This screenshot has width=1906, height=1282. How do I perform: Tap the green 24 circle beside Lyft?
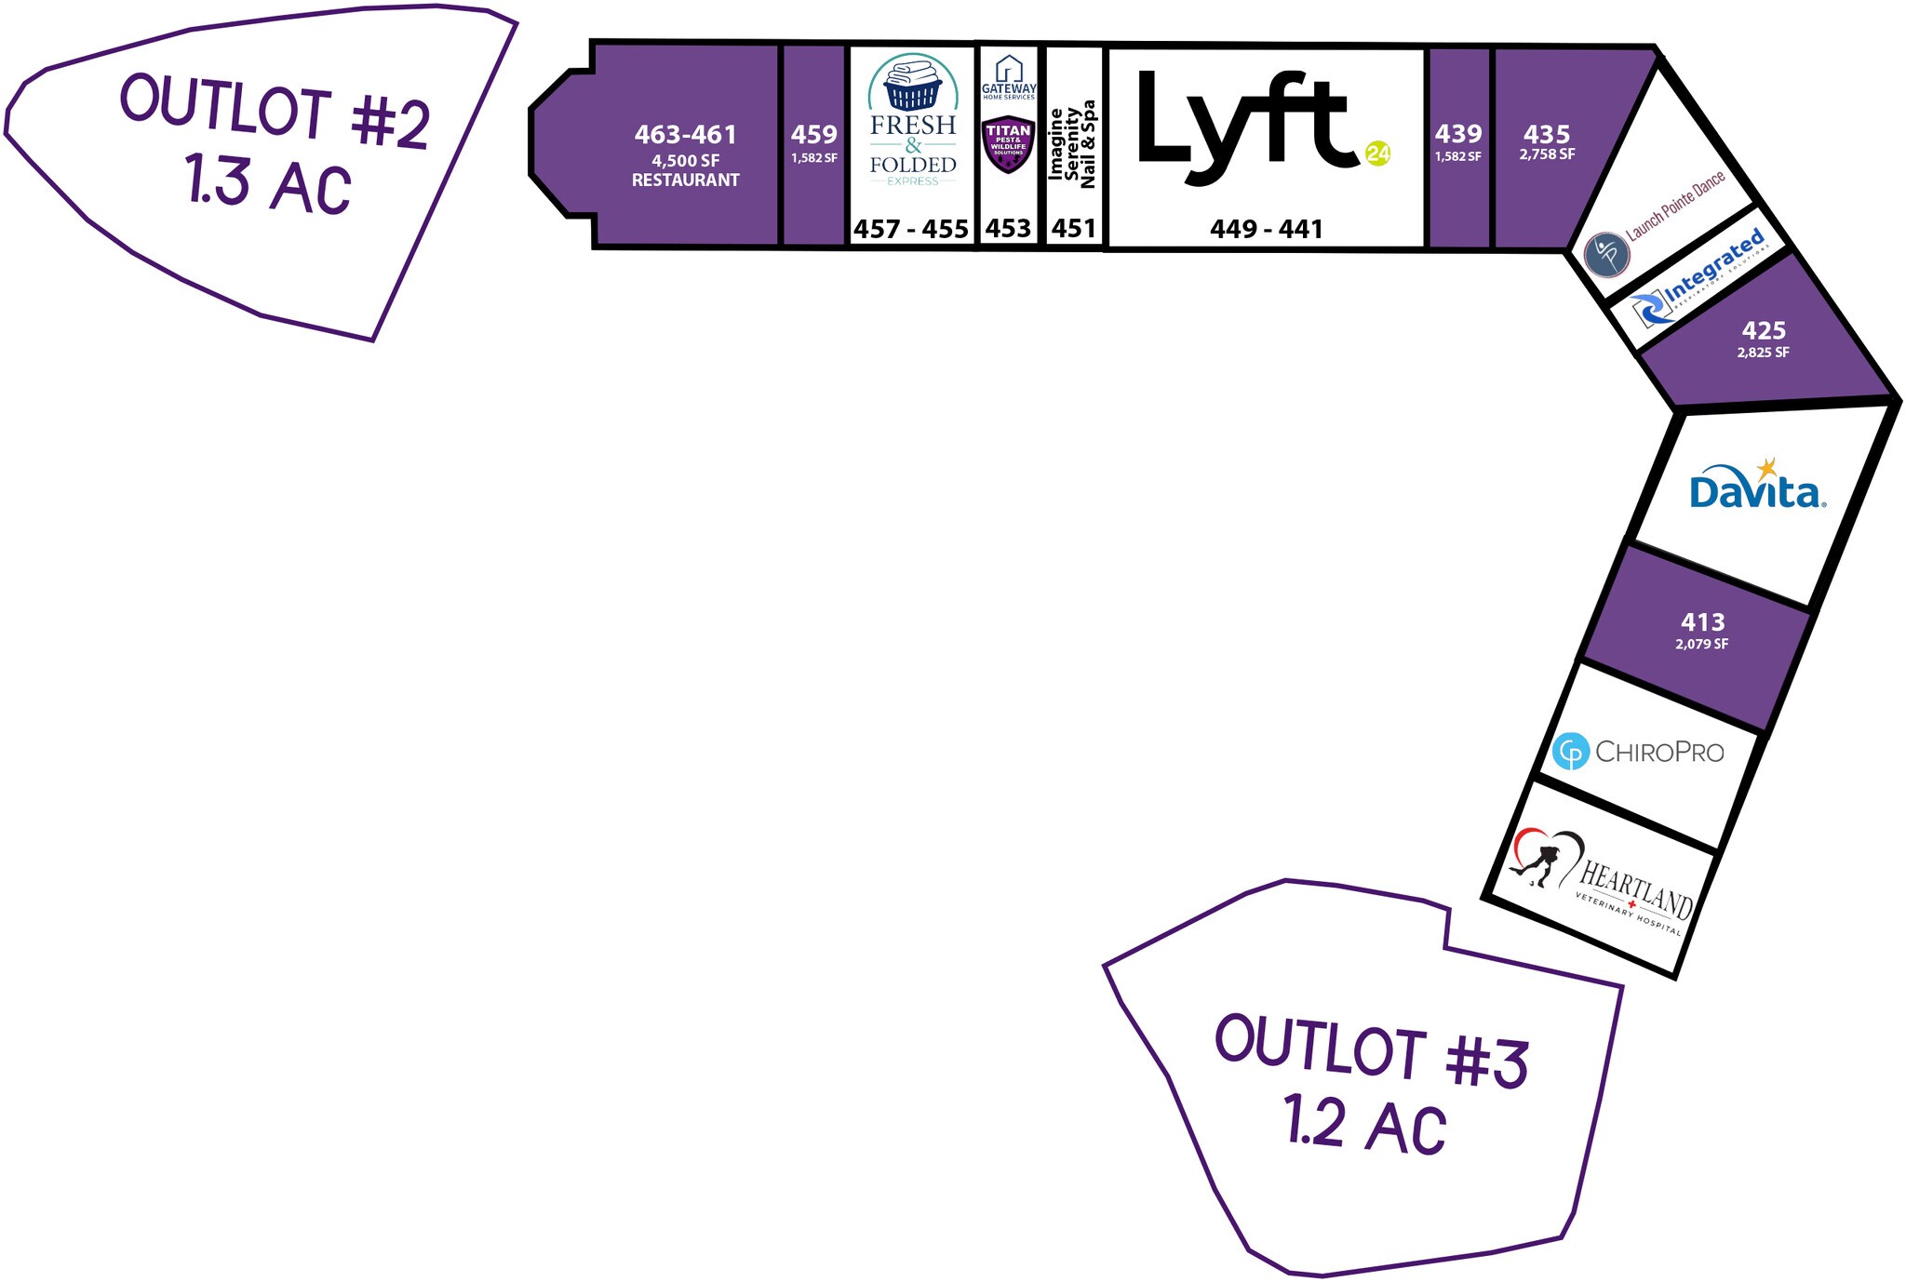point(1377,154)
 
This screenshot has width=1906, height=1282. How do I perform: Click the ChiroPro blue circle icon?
point(1571,751)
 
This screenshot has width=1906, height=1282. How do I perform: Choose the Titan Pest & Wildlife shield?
point(1008,145)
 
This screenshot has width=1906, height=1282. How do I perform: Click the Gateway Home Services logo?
point(1009,77)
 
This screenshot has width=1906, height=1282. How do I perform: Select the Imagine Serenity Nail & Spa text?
point(1073,144)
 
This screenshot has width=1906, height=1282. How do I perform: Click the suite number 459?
point(814,134)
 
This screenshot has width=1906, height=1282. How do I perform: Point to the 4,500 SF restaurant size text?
point(685,161)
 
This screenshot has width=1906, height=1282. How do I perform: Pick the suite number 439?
point(1457,134)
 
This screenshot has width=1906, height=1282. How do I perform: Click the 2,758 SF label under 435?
point(1547,154)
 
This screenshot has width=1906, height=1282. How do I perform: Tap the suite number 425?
point(1764,330)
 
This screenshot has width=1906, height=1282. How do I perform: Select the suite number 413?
point(1702,621)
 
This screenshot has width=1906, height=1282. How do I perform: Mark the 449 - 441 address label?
point(1266,229)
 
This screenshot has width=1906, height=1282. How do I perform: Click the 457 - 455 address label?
point(911,229)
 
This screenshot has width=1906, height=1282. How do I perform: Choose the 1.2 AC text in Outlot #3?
point(1365,1124)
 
